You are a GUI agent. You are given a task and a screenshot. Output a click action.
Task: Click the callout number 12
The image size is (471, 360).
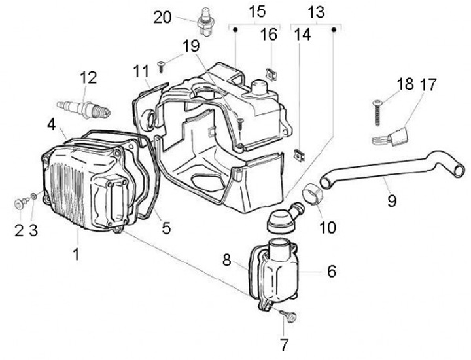[88, 78]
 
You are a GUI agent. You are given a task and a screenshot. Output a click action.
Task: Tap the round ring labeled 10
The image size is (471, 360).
[313, 195]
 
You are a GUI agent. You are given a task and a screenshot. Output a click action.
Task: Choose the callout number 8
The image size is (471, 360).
[228, 261]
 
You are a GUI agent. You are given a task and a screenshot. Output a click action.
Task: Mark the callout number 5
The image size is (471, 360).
[167, 228]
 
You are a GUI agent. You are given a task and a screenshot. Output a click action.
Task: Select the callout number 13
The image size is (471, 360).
[316, 12]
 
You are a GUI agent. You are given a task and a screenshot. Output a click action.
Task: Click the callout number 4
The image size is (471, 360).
[51, 123]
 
